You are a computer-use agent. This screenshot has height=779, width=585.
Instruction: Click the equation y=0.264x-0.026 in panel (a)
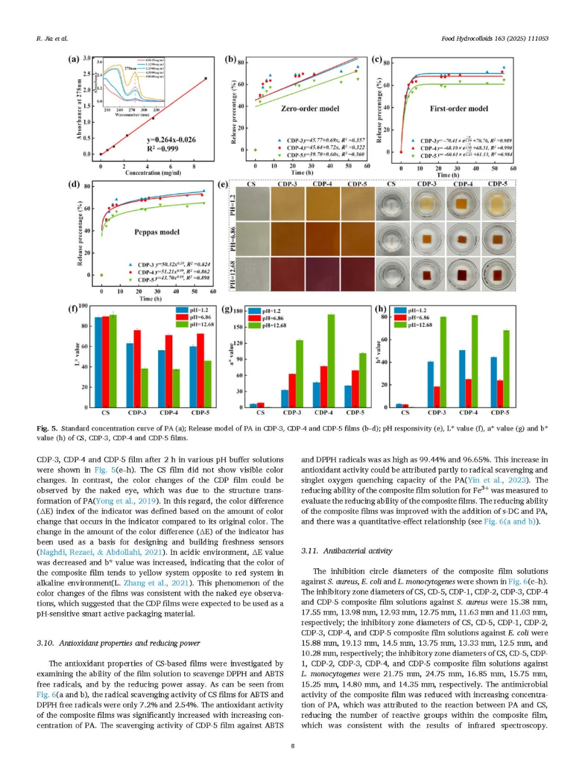(x=171, y=140)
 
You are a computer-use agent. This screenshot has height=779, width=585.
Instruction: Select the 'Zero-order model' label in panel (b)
(x=310, y=108)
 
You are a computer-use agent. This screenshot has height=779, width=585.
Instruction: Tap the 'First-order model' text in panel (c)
(x=459, y=108)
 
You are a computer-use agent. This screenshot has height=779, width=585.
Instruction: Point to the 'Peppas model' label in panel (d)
(x=157, y=232)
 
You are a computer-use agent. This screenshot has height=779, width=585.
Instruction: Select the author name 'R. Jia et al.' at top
(x=52, y=38)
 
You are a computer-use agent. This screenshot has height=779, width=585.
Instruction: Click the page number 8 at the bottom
(x=292, y=745)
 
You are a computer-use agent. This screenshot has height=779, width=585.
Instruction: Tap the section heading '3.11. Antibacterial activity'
(x=347, y=551)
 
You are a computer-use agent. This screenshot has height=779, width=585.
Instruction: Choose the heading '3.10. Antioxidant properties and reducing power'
(x=118, y=643)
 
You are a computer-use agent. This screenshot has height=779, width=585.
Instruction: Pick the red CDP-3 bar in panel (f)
(x=137, y=368)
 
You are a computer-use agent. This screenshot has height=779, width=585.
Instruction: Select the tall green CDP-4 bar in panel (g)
(x=331, y=361)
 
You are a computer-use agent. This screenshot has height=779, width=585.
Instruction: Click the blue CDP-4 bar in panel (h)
(x=462, y=378)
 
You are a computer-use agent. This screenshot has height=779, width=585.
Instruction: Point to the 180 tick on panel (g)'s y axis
(x=238, y=311)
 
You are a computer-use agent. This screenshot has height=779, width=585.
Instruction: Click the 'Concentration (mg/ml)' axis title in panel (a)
(x=153, y=173)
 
